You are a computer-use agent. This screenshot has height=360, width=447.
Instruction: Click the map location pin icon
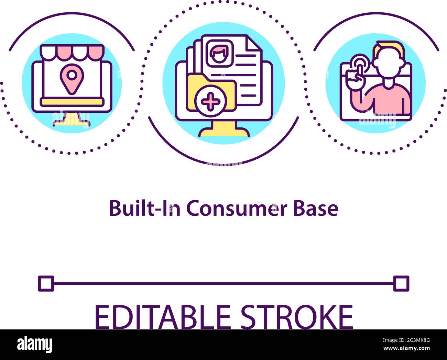coord(71,78)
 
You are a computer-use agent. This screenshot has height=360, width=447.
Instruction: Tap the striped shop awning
coord(72,52)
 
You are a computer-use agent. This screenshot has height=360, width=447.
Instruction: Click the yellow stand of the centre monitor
coord(224,130)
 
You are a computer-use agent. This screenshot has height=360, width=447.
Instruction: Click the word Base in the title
coord(316,208)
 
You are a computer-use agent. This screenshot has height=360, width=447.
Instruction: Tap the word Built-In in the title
coord(145,208)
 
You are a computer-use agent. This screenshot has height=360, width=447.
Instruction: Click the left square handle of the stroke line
coord(46,283)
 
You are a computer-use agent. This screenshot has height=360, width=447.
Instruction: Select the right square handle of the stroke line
coord(401,283)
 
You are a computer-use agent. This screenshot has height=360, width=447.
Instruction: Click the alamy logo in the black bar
coord(35,345)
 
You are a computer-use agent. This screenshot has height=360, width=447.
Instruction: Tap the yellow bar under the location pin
coord(72,101)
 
